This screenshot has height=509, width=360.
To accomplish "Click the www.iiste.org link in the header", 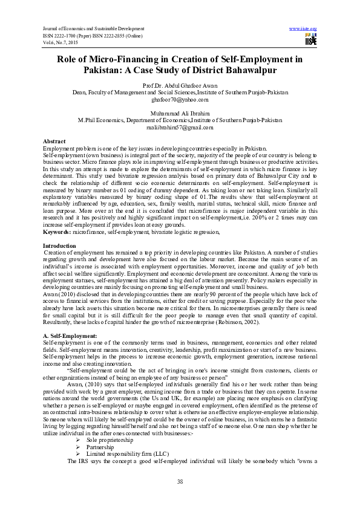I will point(303,28).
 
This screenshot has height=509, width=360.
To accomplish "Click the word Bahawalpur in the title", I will point(240,70).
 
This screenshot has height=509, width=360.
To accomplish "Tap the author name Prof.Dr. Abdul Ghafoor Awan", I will point(180,86).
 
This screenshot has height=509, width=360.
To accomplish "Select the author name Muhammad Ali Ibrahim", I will point(180,114).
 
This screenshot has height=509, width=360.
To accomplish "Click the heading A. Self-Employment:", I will point(69,336).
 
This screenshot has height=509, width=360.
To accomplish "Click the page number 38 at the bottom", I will point(180,481).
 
